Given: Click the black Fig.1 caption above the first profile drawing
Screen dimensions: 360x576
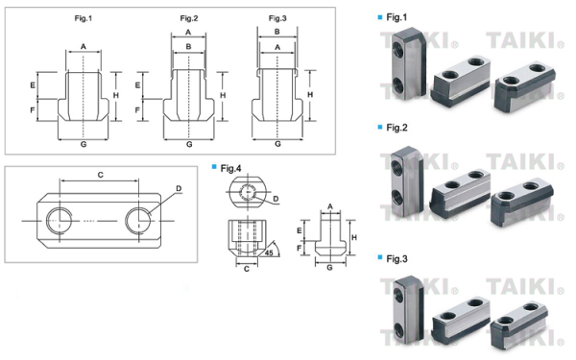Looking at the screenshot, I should pyautogui.click(x=82, y=18).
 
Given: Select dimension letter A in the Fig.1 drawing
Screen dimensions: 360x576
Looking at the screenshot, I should pyautogui.click(x=83, y=46).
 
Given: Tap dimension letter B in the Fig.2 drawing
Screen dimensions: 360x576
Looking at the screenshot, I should pyautogui.click(x=188, y=45).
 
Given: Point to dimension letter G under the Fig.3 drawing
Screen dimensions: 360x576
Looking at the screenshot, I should pyautogui.click(x=277, y=143).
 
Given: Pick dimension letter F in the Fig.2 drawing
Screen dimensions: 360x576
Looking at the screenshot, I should pyautogui.click(x=137, y=110).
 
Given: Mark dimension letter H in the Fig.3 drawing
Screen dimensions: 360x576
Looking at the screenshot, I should pyautogui.click(x=309, y=95).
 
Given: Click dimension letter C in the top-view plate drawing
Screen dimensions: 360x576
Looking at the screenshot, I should pyautogui.click(x=100, y=175).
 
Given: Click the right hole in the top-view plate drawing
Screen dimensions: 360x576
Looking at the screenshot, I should pyautogui.click(x=140, y=220).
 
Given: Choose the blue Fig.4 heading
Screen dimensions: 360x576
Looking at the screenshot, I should pyautogui.click(x=229, y=168).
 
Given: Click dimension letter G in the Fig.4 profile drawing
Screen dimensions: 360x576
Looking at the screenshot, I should pyautogui.click(x=330, y=270).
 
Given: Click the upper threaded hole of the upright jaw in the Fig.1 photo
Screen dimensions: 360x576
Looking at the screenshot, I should pyautogui.click(x=396, y=46).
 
